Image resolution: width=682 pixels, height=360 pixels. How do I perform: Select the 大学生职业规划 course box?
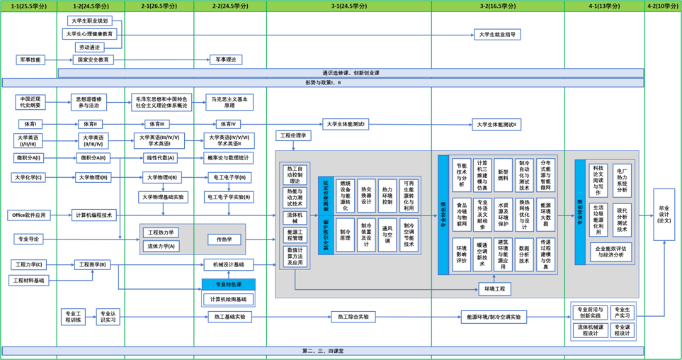pos(89,21)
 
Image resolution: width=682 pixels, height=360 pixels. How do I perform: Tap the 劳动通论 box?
pos(89,47)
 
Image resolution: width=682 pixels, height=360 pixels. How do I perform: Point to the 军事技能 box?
pos(30,60)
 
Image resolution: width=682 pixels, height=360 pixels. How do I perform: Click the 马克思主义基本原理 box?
pos(229,102)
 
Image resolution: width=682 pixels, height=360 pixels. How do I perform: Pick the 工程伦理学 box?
pos(293,135)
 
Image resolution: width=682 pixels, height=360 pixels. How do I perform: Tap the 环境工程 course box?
pos(494,289)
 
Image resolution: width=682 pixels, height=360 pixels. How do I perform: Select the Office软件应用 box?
pos(29,215)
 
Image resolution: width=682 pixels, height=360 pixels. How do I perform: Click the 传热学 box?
pos(224,240)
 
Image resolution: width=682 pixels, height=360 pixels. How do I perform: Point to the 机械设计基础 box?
pos(228,264)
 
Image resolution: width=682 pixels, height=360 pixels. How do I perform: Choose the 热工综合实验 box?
pos(353,317)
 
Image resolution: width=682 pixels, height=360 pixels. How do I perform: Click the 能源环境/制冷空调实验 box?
pos(494,317)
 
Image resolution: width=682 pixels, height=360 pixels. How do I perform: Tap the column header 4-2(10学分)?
pos(663,6)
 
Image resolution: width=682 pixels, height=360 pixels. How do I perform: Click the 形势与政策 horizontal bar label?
pos(322,83)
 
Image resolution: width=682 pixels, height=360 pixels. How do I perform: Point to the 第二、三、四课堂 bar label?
pos(322,351)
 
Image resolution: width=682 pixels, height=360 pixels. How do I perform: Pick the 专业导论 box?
pos(28,240)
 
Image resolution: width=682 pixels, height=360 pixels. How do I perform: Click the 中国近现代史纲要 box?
pos(30,102)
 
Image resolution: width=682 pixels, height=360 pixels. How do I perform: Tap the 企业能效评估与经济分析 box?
pos(609,252)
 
